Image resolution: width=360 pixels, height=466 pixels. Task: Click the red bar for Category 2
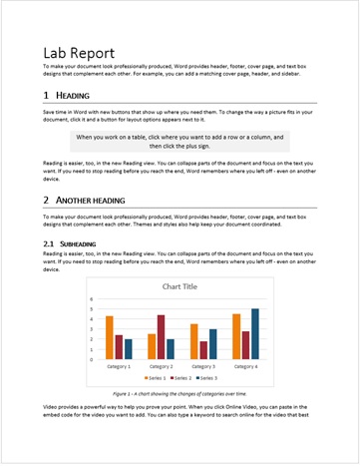coord(161,336)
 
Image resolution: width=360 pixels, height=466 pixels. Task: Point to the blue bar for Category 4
coord(255,333)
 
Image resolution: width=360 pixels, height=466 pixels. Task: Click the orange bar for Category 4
coord(236,336)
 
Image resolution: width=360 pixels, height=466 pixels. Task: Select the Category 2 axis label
coord(161,365)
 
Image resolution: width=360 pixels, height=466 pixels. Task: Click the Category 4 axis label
coord(246,365)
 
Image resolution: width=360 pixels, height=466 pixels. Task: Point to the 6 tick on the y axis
coord(91,298)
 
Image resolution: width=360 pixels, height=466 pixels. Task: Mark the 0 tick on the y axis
coord(91,358)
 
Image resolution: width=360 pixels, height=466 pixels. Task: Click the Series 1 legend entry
coord(156,378)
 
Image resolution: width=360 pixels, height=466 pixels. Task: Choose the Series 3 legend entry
coord(207,378)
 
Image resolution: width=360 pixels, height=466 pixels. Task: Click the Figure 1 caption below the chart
coord(180,394)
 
